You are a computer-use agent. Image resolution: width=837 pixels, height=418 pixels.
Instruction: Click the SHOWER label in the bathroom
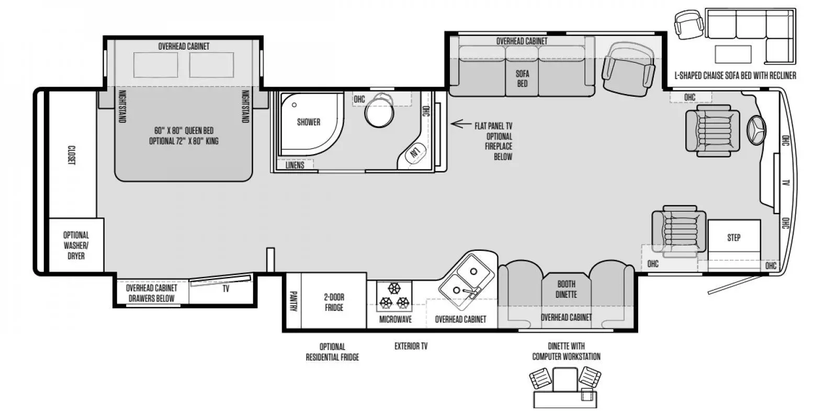tap(308, 122)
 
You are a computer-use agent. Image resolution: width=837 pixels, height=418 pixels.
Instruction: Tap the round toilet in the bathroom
tap(379, 113)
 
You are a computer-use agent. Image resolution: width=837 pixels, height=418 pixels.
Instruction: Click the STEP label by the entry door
tap(733, 238)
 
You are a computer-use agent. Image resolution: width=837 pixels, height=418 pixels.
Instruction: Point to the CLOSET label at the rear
tap(72, 155)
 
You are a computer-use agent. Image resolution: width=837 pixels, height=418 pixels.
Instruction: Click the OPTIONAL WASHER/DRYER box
tap(76, 246)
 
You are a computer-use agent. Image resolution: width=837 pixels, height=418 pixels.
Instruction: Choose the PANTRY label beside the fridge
tap(293, 301)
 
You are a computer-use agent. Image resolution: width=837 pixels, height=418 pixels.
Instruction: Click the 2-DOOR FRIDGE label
tap(334, 302)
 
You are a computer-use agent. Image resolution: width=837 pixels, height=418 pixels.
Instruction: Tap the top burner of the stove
tap(394, 288)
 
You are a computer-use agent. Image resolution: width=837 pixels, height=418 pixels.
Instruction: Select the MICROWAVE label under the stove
tap(395, 319)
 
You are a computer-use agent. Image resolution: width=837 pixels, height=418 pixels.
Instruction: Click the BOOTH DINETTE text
tap(566, 289)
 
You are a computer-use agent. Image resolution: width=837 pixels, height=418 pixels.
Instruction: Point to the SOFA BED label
tap(522, 78)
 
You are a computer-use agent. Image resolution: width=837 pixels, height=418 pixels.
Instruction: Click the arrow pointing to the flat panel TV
tap(458, 124)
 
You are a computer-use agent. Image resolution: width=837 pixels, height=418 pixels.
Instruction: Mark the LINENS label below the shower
tap(295, 165)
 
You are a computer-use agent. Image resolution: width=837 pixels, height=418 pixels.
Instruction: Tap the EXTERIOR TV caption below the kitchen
tap(411, 346)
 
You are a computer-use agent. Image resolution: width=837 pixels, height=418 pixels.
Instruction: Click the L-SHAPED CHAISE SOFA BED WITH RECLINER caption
tap(735, 76)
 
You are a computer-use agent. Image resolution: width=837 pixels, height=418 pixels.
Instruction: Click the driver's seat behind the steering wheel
tap(712, 130)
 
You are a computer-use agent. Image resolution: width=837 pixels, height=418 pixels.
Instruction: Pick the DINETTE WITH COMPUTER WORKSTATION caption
tap(566, 351)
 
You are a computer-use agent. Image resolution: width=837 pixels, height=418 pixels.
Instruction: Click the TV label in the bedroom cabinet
tap(225, 288)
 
